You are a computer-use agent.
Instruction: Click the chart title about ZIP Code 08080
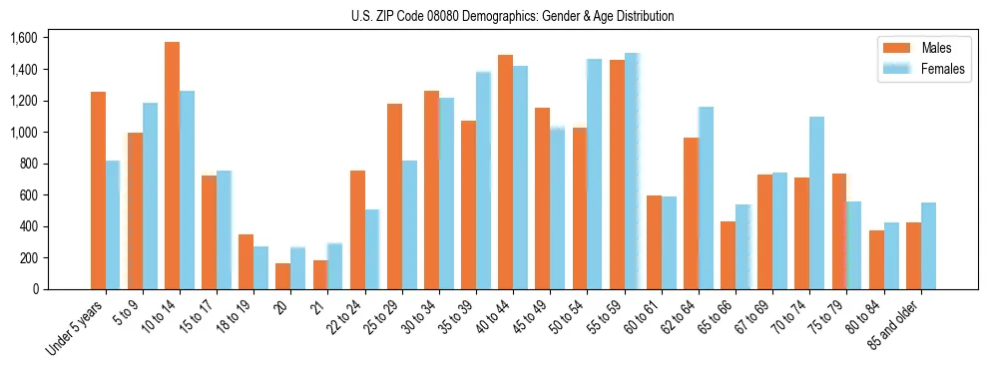[x=512, y=16]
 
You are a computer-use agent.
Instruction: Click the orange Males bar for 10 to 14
[x=172, y=166]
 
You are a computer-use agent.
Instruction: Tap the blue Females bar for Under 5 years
[x=113, y=224]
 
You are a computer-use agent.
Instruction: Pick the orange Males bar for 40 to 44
[x=505, y=172]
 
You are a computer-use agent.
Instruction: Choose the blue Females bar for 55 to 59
[x=631, y=171]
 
